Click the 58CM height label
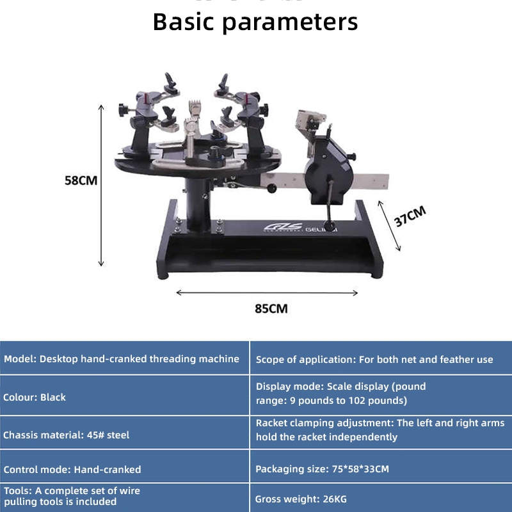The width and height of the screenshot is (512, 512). coord(81,180)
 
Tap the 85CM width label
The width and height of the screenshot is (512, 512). coord(271,308)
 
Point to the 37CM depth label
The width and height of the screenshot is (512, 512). coord(410,216)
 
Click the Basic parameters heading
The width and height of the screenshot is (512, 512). coord(255,21)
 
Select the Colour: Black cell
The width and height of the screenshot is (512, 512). coord(124,397)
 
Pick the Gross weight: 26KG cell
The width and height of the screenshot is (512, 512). coord(381,498)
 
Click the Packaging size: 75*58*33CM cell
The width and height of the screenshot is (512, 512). coord(381,469)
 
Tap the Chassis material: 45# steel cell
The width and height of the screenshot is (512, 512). coord(124,435)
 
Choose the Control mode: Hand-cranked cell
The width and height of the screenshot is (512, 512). coord(124,469)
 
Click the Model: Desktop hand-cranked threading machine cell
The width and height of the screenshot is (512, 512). coord(124,359)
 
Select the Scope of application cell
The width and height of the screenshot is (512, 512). coord(381,359)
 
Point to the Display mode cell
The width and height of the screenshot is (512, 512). coord(381,394)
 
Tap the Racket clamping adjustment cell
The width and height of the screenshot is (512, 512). coord(381,430)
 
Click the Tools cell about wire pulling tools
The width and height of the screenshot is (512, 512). coord(124,496)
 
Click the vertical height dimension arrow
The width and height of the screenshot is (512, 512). coord(100,186)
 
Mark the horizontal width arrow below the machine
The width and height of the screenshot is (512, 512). coord(267,292)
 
